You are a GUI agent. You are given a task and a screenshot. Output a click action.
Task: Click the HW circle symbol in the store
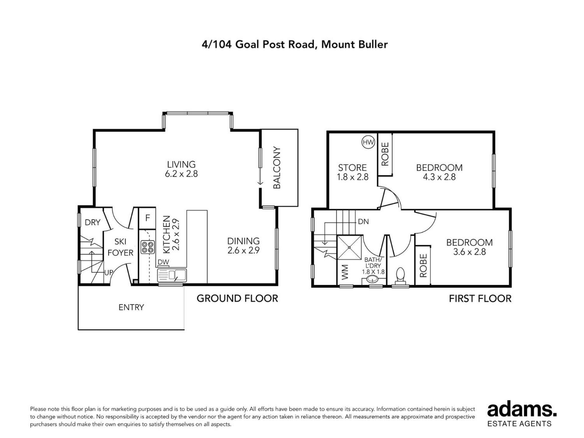(x=368, y=142)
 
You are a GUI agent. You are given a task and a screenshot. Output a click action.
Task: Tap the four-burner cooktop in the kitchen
(x=148, y=247)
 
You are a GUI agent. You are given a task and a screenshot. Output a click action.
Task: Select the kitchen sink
(x=172, y=275)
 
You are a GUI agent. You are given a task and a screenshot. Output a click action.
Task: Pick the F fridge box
(x=148, y=218)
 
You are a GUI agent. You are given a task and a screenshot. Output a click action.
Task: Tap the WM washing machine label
(x=345, y=272)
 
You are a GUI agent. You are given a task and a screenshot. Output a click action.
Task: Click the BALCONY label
(x=276, y=168)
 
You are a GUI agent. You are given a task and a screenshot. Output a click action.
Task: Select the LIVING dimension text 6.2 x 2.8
(x=181, y=174)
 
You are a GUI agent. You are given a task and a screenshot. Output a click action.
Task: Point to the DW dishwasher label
(x=163, y=262)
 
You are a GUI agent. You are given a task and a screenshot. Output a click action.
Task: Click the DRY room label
(x=92, y=222)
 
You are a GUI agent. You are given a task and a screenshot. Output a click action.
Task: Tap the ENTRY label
(x=131, y=307)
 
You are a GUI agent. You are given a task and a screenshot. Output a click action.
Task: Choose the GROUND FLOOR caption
(x=237, y=298)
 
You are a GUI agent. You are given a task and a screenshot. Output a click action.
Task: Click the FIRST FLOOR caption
(x=480, y=298)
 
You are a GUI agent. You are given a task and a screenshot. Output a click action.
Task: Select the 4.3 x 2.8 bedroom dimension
(x=439, y=177)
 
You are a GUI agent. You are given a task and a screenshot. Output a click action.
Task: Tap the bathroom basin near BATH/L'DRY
(x=373, y=279)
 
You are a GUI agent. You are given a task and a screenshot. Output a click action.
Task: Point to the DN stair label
(x=363, y=221)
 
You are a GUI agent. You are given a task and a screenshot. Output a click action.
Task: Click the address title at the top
(x=295, y=44)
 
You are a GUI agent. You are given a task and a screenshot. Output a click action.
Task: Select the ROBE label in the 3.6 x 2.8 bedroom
(x=423, y=266)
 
